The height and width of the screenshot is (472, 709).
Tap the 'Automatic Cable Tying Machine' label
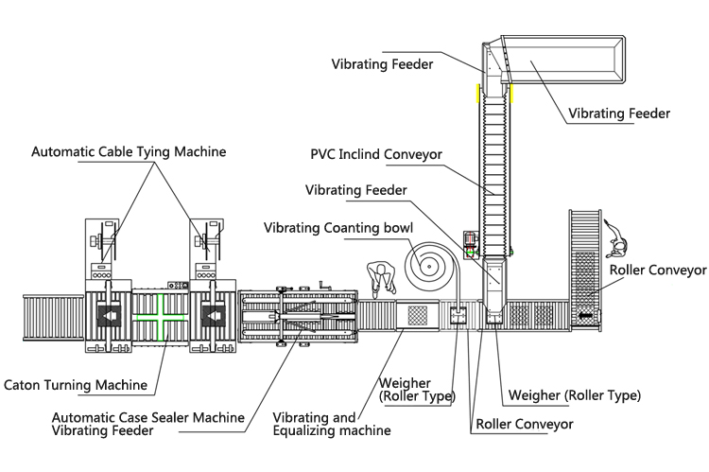[x=129, y=151]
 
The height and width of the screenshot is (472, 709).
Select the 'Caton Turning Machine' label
[x=76, y=385]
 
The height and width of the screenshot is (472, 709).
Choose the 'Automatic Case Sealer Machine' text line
[x=148, y=417]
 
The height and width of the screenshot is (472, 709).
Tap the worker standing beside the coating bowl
[x=382, y=278]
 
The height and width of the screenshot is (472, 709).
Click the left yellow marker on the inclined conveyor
[x=478, y=94]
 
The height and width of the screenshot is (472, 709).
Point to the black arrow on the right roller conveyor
[x=586, y=314]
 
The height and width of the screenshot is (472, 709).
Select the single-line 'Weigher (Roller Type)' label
[x=575, y=394]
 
